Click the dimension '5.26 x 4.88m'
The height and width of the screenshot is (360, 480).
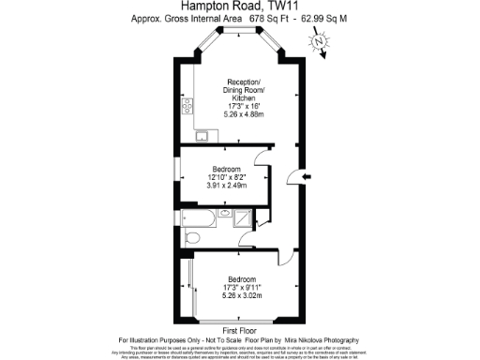(238, 114)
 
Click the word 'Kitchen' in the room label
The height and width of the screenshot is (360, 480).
(238, 97)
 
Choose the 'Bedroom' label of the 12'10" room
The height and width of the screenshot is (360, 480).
(227, 169)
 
